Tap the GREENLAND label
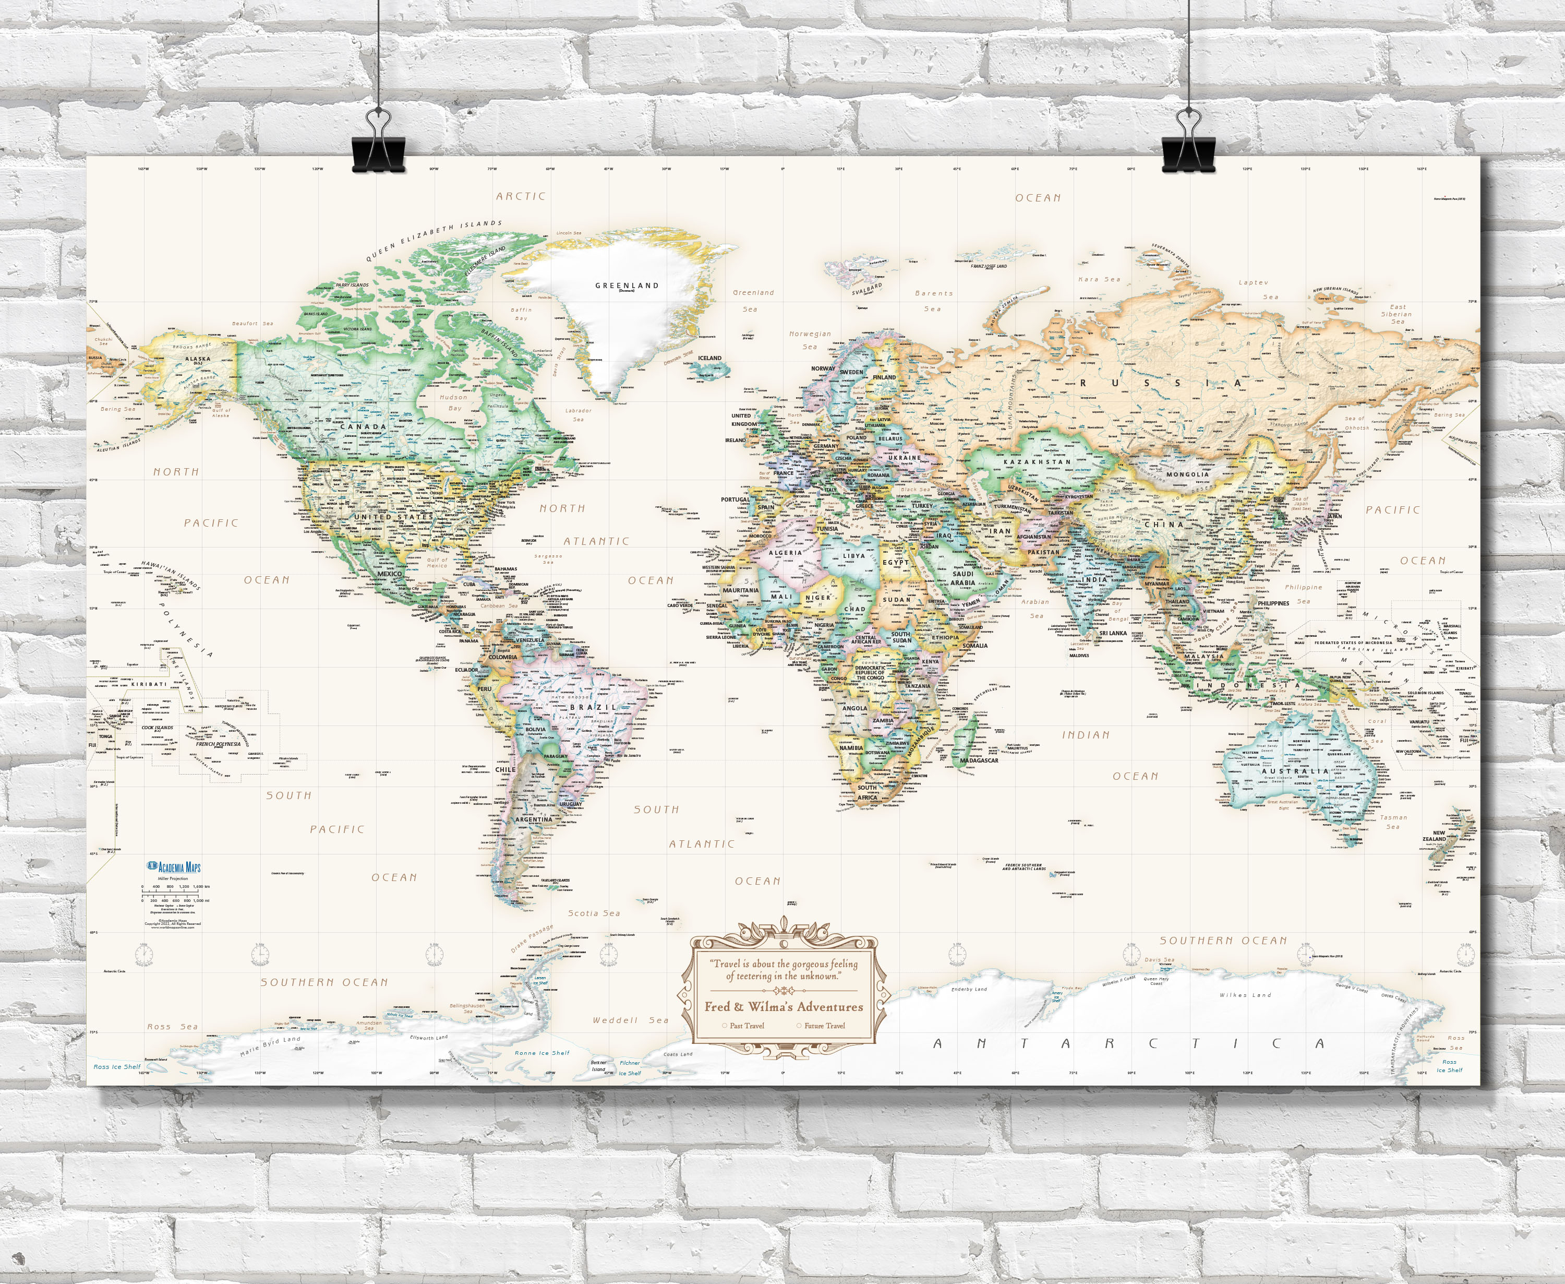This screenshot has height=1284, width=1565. [x=627, y=286]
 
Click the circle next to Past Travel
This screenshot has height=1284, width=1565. [x=725, y=1025]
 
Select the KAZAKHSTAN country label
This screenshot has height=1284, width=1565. [x=1037, y=461]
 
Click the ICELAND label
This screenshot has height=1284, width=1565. [x=709, y=358]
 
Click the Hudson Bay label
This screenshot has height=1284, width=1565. [x=454, y=402]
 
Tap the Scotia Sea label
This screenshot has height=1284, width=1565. [x=594, y=913]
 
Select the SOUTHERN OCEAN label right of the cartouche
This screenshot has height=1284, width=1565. [x=1223, y=941]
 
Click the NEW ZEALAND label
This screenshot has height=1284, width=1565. [x=1434, y=836]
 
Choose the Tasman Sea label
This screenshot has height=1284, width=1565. [x=1393, y=822]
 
